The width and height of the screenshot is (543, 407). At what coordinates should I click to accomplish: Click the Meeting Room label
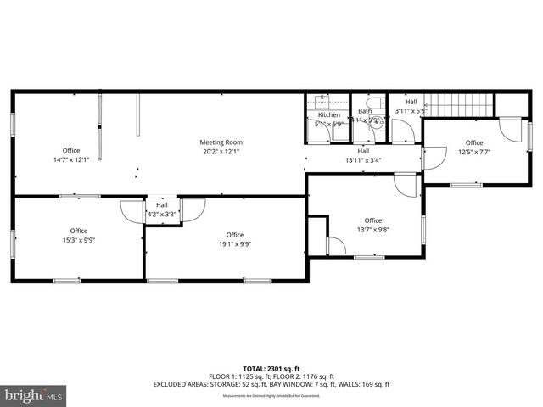pyautogui.click(x=221, y=142)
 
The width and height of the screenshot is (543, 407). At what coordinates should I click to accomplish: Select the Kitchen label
pyautogui.click(x=328, y=115)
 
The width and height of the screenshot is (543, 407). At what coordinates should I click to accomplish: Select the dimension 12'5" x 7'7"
pyautogui.click(x=473, y=152)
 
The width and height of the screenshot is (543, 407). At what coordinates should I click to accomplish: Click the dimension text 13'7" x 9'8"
pyautogui.click(x=372, y=230)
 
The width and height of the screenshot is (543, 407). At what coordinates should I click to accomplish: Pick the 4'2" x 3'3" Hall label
pyautogui.click(x=161, y=204)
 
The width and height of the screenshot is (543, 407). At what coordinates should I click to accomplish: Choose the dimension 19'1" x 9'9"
pyautogui.click(x=235, y=244)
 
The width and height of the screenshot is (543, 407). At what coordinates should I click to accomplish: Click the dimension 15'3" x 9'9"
pyautogui.click(x=79, y=240)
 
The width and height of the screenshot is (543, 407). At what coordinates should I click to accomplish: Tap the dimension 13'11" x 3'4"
pyautogui.click(x=362, y=159)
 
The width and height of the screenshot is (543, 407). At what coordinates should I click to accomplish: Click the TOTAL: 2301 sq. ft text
pyautogui.click(x=271, y=369)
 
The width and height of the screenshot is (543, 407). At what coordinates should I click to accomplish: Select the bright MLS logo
pyautogui.click(x=34, y=395)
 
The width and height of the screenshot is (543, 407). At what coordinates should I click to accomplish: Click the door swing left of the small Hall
pyautogui.click(x=132, y=209)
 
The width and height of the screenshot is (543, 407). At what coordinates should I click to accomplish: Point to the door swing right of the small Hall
pyautogui.click(x=191, y=209)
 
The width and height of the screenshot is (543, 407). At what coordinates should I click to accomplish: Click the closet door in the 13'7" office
pyautogui.click(x=335, y=245)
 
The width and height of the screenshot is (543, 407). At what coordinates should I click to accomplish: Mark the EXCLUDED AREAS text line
pyautogui.click(x=271, y=384)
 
